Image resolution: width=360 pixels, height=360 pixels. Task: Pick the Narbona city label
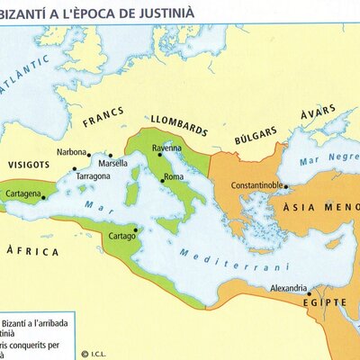71,152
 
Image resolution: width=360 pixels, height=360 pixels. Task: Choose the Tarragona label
93,177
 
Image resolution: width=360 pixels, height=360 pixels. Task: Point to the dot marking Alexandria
308,292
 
